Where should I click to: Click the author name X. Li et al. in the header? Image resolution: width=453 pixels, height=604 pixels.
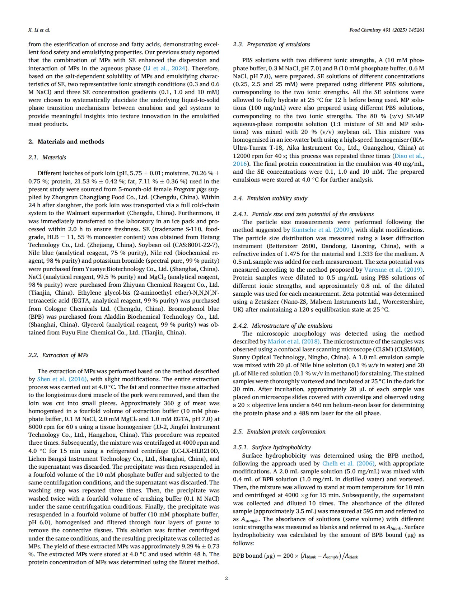click(39, 30)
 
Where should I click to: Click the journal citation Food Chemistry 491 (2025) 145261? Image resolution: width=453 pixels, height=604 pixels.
click(387, 30)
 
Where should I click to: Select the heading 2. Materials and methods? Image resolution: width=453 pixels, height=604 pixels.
click(66, 141)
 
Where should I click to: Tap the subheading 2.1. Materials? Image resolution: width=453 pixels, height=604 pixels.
click(47, 157)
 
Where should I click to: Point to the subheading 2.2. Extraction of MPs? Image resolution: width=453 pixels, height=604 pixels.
click(58, 355)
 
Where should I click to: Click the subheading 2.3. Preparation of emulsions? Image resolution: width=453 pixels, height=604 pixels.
click(271, 44)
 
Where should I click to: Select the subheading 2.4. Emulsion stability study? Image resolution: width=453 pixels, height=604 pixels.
click(270, 198)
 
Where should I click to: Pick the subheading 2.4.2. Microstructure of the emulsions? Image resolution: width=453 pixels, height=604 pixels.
click(282, 326)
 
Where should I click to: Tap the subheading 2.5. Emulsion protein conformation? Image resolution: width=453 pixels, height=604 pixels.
click(279, 431)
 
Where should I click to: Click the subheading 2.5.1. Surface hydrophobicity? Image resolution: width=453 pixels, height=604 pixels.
click(272, 447)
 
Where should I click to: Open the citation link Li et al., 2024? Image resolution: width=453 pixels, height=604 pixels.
click(165, 68)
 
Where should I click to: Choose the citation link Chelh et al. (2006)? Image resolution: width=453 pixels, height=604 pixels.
click(348, 463)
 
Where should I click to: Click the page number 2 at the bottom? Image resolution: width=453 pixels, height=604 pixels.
click(226, 578)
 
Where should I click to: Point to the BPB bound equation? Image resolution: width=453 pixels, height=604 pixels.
click(295, 556)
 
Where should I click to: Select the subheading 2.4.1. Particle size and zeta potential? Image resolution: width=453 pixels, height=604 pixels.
click(303, 214)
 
